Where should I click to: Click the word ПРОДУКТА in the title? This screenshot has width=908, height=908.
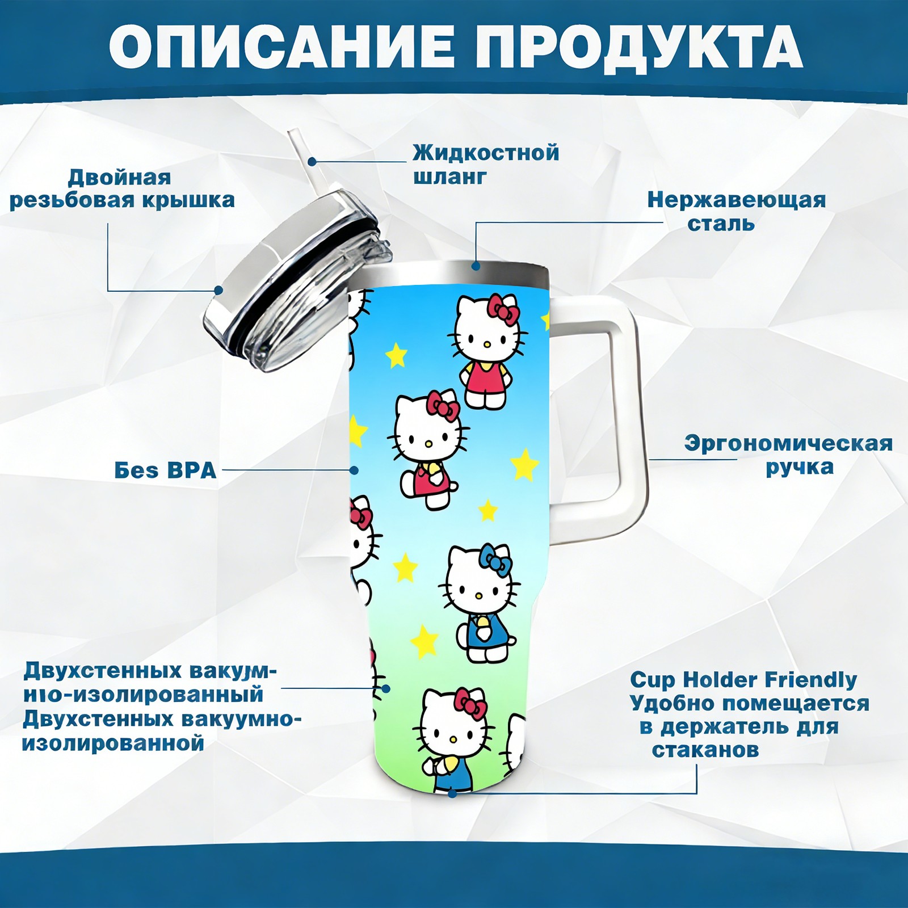point(639,48)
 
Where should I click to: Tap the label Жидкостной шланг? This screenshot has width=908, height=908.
point(486,165)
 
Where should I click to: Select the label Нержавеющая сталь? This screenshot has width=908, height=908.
point(737,211)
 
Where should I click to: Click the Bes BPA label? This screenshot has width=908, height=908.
point(166,470)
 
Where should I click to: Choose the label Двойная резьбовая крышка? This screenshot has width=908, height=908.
point(122,188)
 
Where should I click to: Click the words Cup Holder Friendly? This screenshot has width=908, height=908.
point(743,679)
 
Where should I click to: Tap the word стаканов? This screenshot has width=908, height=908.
point(705,750)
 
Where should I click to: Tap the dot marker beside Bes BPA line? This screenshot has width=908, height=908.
point(354,470)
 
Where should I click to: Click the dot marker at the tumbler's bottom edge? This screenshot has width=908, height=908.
point(452,793)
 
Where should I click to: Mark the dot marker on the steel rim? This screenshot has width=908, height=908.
point(476,266)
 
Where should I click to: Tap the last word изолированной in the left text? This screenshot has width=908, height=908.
point(113,743)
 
